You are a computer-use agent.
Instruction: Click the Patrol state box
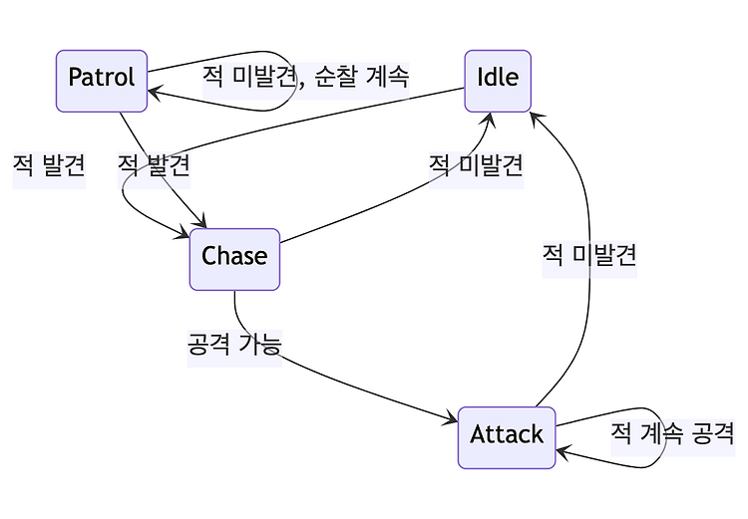pos(102,81)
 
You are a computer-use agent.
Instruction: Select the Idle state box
pos(498,81)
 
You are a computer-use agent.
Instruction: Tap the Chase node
pos(234,259)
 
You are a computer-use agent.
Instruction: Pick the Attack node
pos(507,437)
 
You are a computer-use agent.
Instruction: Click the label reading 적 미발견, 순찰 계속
pos(306,77)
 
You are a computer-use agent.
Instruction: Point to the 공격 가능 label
pos(234,344)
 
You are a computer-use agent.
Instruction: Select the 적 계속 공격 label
pos(672,432)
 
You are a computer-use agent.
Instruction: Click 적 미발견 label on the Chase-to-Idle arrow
pos(476,165)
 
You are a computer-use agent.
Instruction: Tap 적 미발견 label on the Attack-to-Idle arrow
pos(589,254)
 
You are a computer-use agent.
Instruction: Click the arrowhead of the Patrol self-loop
pos(155,91)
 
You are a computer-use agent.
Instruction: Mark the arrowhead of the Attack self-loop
pos(562,451)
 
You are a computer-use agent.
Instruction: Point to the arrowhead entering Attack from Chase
pos(451,418)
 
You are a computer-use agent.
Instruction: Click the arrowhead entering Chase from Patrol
pos(201,221)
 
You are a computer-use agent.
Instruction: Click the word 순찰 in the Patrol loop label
pos(335,77)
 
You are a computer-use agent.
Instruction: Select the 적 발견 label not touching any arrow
pos(49,165)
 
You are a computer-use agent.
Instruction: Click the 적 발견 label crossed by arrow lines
pos(154,165)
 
